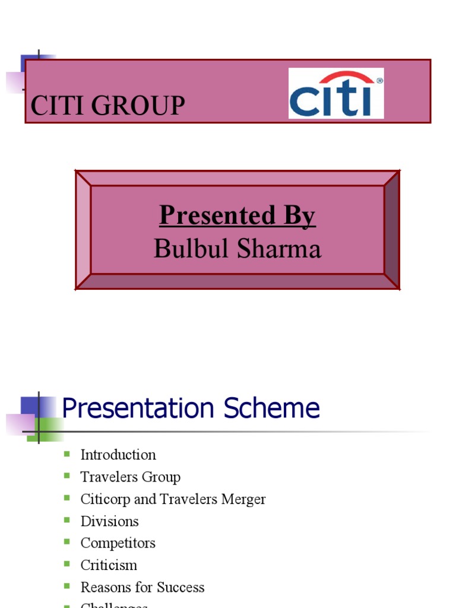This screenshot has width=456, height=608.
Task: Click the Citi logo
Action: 336,93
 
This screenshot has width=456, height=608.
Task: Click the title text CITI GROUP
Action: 107,106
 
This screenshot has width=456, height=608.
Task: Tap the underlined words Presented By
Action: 237,216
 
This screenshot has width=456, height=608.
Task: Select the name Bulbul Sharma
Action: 237,248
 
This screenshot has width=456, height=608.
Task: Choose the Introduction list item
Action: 118,455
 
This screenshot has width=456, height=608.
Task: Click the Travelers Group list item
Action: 130,477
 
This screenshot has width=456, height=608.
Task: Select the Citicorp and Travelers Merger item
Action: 173,499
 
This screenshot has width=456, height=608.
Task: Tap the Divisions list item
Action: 109,521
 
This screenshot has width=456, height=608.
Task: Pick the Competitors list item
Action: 118,543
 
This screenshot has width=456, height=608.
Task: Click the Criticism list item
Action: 109,565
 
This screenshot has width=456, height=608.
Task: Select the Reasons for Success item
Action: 142,587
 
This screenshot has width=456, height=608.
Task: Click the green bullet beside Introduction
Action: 67,454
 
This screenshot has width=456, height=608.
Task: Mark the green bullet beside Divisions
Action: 67,521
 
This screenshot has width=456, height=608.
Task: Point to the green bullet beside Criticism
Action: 67,565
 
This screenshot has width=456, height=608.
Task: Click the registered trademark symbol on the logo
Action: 379,80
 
